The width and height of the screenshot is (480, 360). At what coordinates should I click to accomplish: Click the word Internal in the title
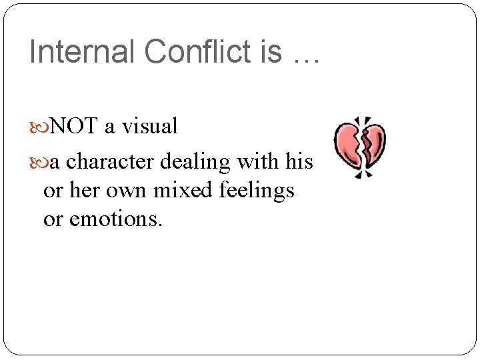point(73,52)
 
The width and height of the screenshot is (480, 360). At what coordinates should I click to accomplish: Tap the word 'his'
point(299,162)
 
